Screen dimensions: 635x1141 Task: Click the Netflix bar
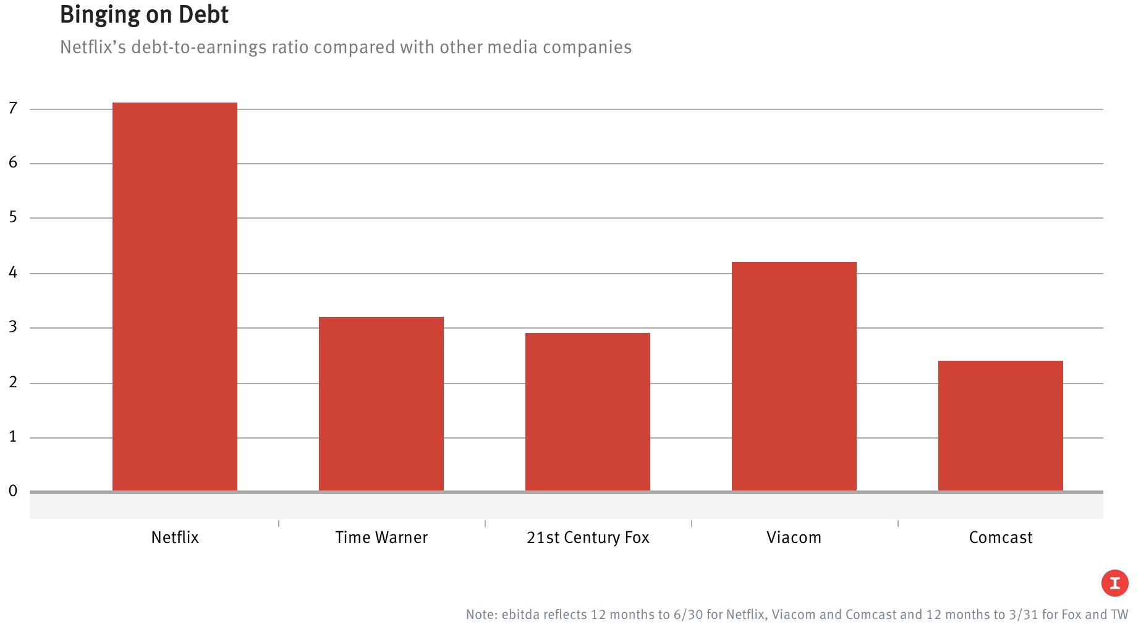pyautogui.click(x=175, y=296)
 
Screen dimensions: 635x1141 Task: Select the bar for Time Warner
pyautogui.click(x=381, y=404)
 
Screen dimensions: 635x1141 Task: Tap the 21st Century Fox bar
pyautogui.click(x=588, y=412)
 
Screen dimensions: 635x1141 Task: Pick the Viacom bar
pyautogui.click(x=794, y=376)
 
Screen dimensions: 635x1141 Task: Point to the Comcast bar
pyautogui.click(x=1001, y=426)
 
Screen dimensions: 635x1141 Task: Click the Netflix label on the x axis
pyautogui.click(x=175, y=537)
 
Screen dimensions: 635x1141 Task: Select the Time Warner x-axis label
pyautogui.click(x=381, y=537)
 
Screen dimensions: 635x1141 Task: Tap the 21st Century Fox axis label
pyautogui.click(x=588, y=537)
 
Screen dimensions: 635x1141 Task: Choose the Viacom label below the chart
pyautogui.click(x=794, y=537)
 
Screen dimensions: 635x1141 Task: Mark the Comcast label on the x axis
pyautogui.click(x=1001, y=537)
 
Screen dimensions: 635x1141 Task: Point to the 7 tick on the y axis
pyautogui.click(x=13, y=109)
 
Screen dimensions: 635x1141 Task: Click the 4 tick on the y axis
pyautogui.click(x=13, y=272)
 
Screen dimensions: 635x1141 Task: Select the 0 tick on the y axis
pyautogui.click(x=13, y=491)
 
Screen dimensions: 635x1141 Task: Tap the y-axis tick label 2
pyautogui.click(x=13, y=382)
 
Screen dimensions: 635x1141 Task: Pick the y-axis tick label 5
pyautogui.click(x=13, y=217)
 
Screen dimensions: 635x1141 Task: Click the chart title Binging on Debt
pyautogui.click(x=144, y=15)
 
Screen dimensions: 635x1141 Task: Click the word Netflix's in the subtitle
pyautogui.click(x=93, y=48)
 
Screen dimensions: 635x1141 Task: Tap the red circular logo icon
pyautogui.click(x=1114, y=583)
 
